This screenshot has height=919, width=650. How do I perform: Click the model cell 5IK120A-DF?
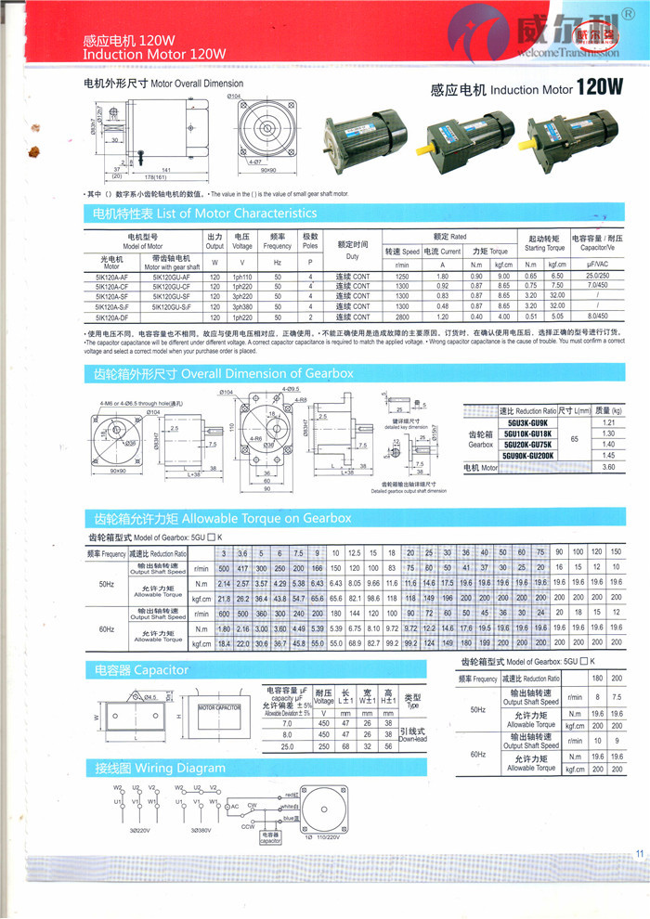[111, 317]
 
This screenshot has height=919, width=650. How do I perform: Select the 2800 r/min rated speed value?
[402, 317]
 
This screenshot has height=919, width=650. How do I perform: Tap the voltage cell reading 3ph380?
[242, 306]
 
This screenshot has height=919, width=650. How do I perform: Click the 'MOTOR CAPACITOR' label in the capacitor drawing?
[221, 708]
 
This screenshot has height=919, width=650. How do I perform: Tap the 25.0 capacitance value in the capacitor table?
[287, 746]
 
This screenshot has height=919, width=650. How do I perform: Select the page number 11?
[639, 855]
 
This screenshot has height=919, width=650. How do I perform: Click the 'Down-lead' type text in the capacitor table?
[415, 738]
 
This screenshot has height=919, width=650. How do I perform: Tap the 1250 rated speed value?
[402, 277]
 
